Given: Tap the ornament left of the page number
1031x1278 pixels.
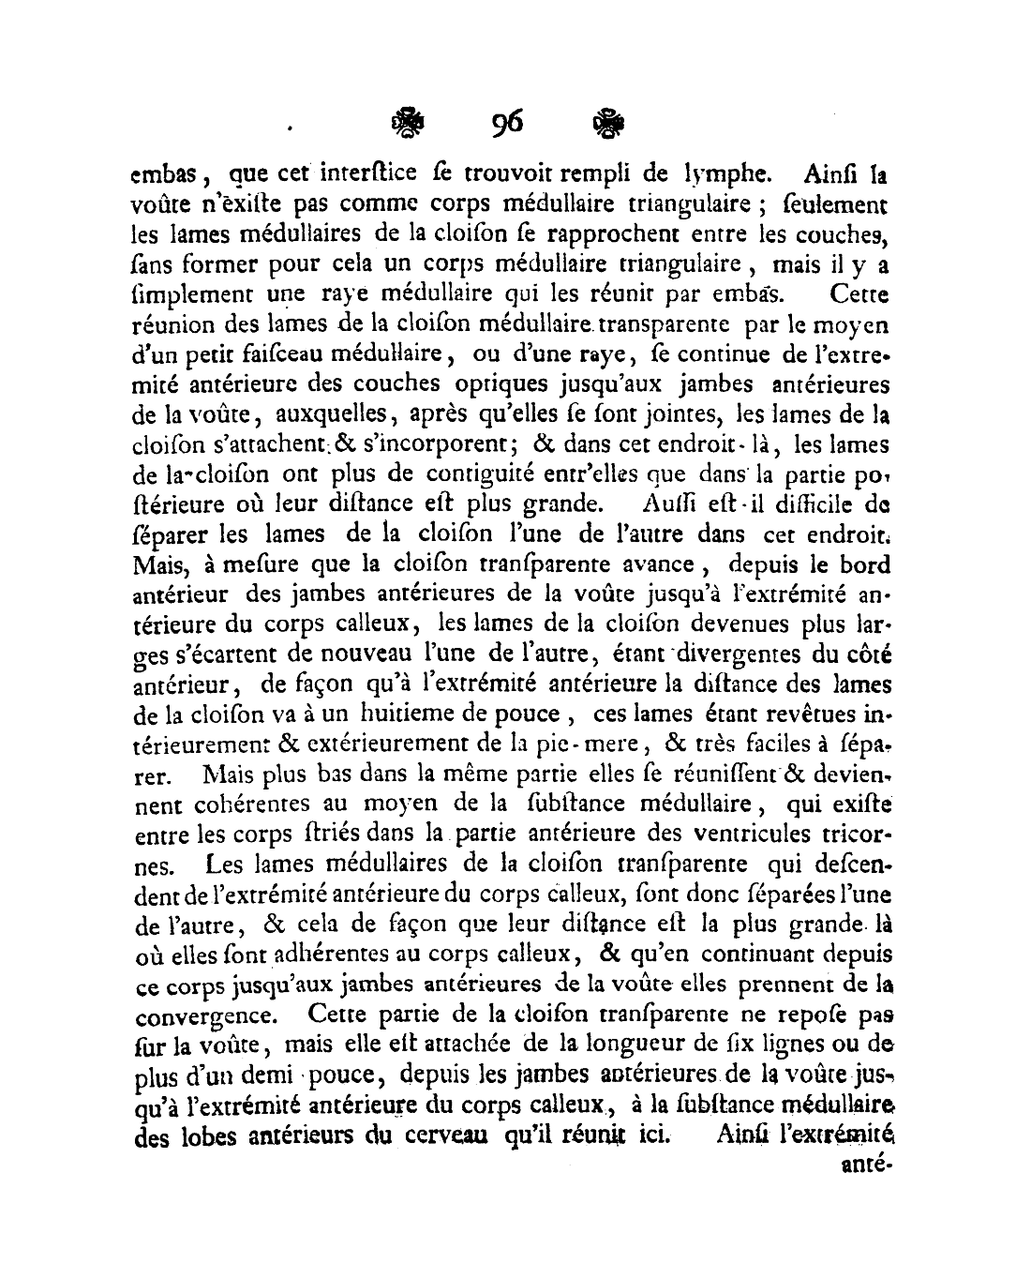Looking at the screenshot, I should (x=408, y=124).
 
